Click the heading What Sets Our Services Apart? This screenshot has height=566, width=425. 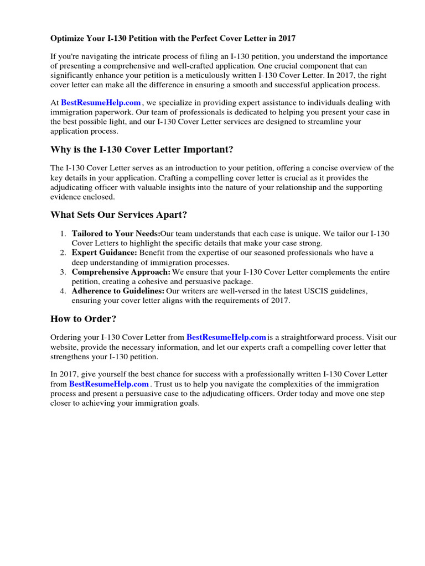pyautogui.click(x=122, y=214)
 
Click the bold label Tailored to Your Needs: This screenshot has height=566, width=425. pyautogui.click(x=116, y=234)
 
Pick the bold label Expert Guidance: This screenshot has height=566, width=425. pyautogui.click(x=104, y=253)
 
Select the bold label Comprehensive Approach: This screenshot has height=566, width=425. pyautogui.click(x=121, y=272)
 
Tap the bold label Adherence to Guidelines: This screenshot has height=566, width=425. pyautogui.click(x=118, y=291)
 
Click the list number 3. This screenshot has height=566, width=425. pyautogui.click(x=64, y=272)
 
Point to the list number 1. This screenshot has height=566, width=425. pyautogui.click(x=64, y=234)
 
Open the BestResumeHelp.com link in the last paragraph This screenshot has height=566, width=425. pyautogui.click(x=109, y=384)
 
